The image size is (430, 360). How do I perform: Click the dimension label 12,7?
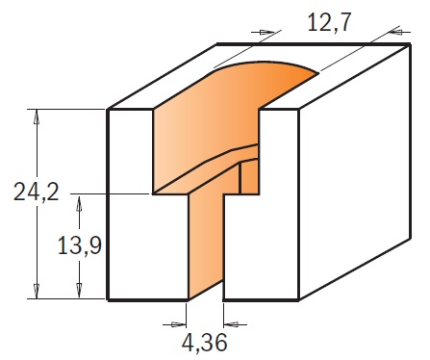point(328,22)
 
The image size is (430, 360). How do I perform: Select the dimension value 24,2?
point(37,192)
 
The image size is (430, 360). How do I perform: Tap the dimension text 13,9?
point(80,245)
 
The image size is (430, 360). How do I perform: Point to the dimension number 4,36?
point(205,343)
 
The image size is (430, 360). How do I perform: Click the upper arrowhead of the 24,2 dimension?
point(37,117)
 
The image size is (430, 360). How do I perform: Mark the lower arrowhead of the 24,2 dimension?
point(37,291)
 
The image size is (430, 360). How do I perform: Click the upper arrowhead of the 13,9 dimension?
point(79,203)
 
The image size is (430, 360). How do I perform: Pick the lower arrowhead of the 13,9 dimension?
point(79,291)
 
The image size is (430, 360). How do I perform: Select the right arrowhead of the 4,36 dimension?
point(231,324)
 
